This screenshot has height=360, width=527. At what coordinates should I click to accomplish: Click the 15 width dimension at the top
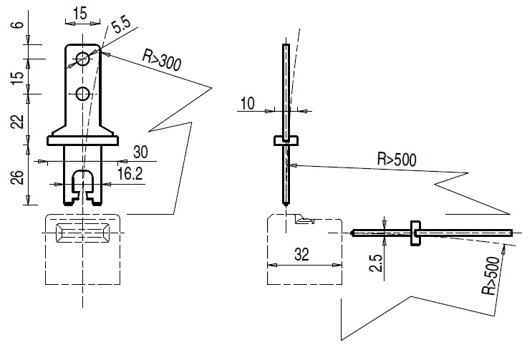click(x=79, y=14)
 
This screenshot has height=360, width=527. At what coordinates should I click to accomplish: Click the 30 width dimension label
click(x=140, y=152)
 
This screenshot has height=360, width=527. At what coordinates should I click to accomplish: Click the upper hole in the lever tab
click(x=83, y=59)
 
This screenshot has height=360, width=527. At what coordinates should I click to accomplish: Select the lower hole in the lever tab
click(x=83, y=93)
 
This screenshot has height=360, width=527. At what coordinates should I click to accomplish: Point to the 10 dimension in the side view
click(x=247, y=104)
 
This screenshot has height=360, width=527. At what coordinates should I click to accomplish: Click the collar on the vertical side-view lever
click(x=285, y=140)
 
